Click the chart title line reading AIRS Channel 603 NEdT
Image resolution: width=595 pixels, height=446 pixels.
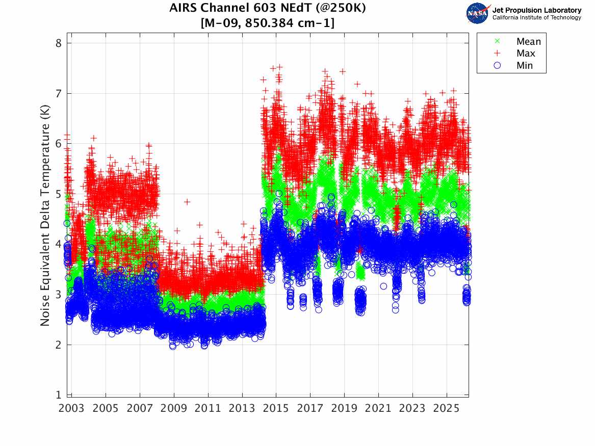pos(267,9)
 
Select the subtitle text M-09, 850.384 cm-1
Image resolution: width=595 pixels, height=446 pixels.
pos(267,23)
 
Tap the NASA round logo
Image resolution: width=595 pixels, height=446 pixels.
pos(477,13)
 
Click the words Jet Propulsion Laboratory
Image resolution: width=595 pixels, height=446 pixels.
pos(536,10)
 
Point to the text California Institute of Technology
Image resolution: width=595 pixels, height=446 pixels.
pos(536,18)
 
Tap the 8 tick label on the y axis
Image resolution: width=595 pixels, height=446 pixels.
pos(59,43)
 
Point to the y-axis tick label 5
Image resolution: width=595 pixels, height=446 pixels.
pos(59,194)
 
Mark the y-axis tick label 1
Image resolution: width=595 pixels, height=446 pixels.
pos(59,395)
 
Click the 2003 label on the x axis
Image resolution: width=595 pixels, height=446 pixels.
pos(72,408)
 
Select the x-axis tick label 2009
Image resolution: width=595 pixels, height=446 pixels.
pos(174,408)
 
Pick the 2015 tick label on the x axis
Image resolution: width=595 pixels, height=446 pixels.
pos(276,408)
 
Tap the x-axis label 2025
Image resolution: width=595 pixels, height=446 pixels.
pos(447,408)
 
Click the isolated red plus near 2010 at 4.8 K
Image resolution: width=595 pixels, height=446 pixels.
pos(187,202)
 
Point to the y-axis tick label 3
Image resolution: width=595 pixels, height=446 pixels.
pos(59,295)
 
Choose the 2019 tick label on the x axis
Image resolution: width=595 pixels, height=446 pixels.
pos(344,408)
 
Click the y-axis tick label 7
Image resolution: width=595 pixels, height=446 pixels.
pos(59,93)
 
